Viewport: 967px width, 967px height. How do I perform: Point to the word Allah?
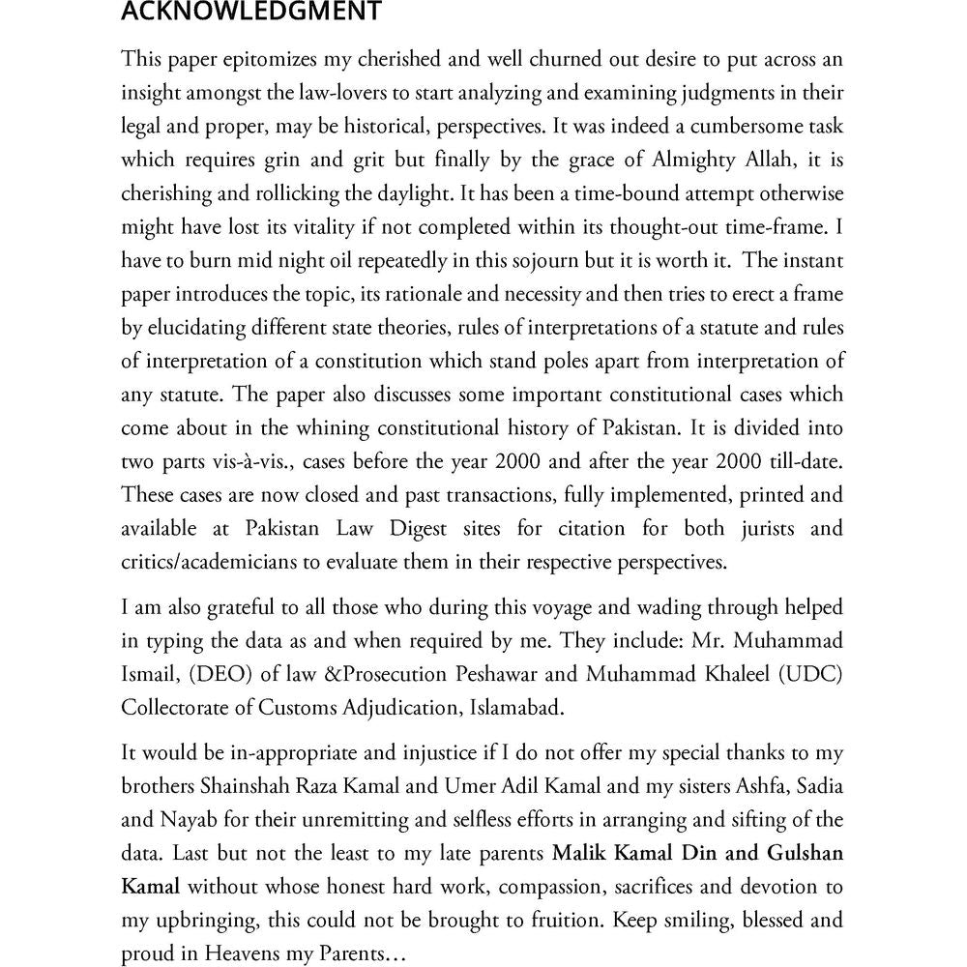click(x=763, y=160)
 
